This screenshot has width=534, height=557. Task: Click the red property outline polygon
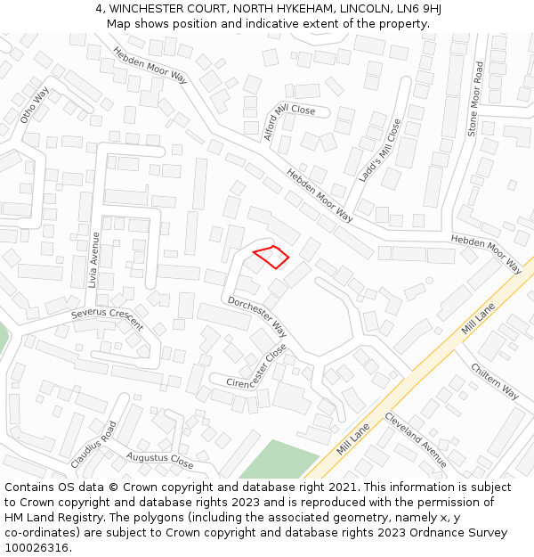click(x=271, y=256)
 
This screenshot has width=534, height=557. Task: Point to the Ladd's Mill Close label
click(x=380, y=151)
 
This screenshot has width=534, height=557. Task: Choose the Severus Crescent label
click(x=107, y=318)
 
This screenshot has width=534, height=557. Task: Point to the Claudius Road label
click(x=93, y=444)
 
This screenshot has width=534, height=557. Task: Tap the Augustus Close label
click(x=159, y=460)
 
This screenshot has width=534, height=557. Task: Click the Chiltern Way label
click(x=495, y=381)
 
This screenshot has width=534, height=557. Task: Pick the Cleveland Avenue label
click(x=416, y=439)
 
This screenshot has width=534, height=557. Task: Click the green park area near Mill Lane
click(x=276, y=460)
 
